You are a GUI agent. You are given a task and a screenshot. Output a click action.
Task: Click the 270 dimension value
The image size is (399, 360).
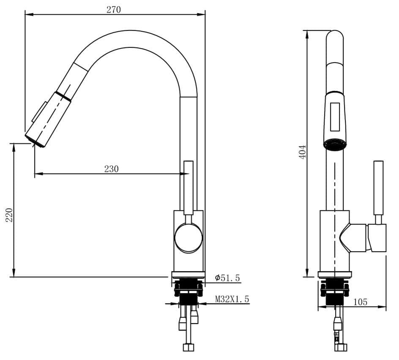point(113,9)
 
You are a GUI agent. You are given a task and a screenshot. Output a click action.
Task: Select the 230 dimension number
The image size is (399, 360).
point(111,169)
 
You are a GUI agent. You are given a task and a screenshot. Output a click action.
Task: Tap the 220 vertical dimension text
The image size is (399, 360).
point(9,215)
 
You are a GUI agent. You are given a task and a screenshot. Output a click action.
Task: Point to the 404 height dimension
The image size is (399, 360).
point(302,151)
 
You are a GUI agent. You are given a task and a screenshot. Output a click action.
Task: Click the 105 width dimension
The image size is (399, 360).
point(360,302)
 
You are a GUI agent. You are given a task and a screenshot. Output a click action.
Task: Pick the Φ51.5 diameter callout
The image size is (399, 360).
point(227,278)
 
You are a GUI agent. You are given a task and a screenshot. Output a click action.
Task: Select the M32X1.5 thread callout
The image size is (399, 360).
point(232,299)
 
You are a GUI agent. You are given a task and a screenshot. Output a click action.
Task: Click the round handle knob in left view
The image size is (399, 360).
point(189,238)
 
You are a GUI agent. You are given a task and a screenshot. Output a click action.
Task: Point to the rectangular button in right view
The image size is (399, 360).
point(335,117)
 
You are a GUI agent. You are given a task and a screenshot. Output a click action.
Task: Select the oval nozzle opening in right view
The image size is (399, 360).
point(335,145)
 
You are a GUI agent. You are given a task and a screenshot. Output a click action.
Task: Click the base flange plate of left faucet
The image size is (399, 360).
point(188,274)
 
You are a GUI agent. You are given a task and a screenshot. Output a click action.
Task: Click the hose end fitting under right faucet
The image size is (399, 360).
point(341,347)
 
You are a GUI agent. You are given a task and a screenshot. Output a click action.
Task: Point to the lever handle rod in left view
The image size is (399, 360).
point(189,186)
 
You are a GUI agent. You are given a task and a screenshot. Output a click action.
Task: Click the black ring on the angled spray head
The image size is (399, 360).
point(63,95)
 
